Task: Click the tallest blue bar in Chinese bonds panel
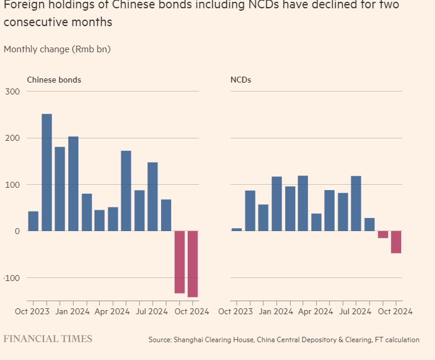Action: (x=46, y=172)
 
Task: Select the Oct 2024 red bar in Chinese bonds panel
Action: (x=193, y=264)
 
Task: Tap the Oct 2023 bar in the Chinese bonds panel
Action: (x=33, y=221)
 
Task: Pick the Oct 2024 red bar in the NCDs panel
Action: (x=396, y=242)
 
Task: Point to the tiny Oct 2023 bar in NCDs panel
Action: (x=237, y=229)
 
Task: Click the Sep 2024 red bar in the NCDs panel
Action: (x=383, y=235)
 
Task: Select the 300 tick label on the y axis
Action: (x=13, y=91)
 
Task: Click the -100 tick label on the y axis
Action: (x=12, y=278)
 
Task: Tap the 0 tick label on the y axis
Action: (x=17, y=231)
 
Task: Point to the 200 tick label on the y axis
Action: (x=13, y=138)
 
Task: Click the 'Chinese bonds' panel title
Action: (x=54, y=80)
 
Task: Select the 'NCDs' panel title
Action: (x=241, y=80)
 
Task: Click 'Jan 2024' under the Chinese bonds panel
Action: (x=72, y=311)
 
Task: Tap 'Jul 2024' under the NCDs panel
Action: (x=356, y=311)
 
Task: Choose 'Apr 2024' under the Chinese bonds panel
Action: (x=112, y=311)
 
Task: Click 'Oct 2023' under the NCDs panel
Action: (x=235, y=311)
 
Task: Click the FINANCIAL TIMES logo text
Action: (x=48, y=339)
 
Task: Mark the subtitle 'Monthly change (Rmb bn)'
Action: (x=57, y=49)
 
